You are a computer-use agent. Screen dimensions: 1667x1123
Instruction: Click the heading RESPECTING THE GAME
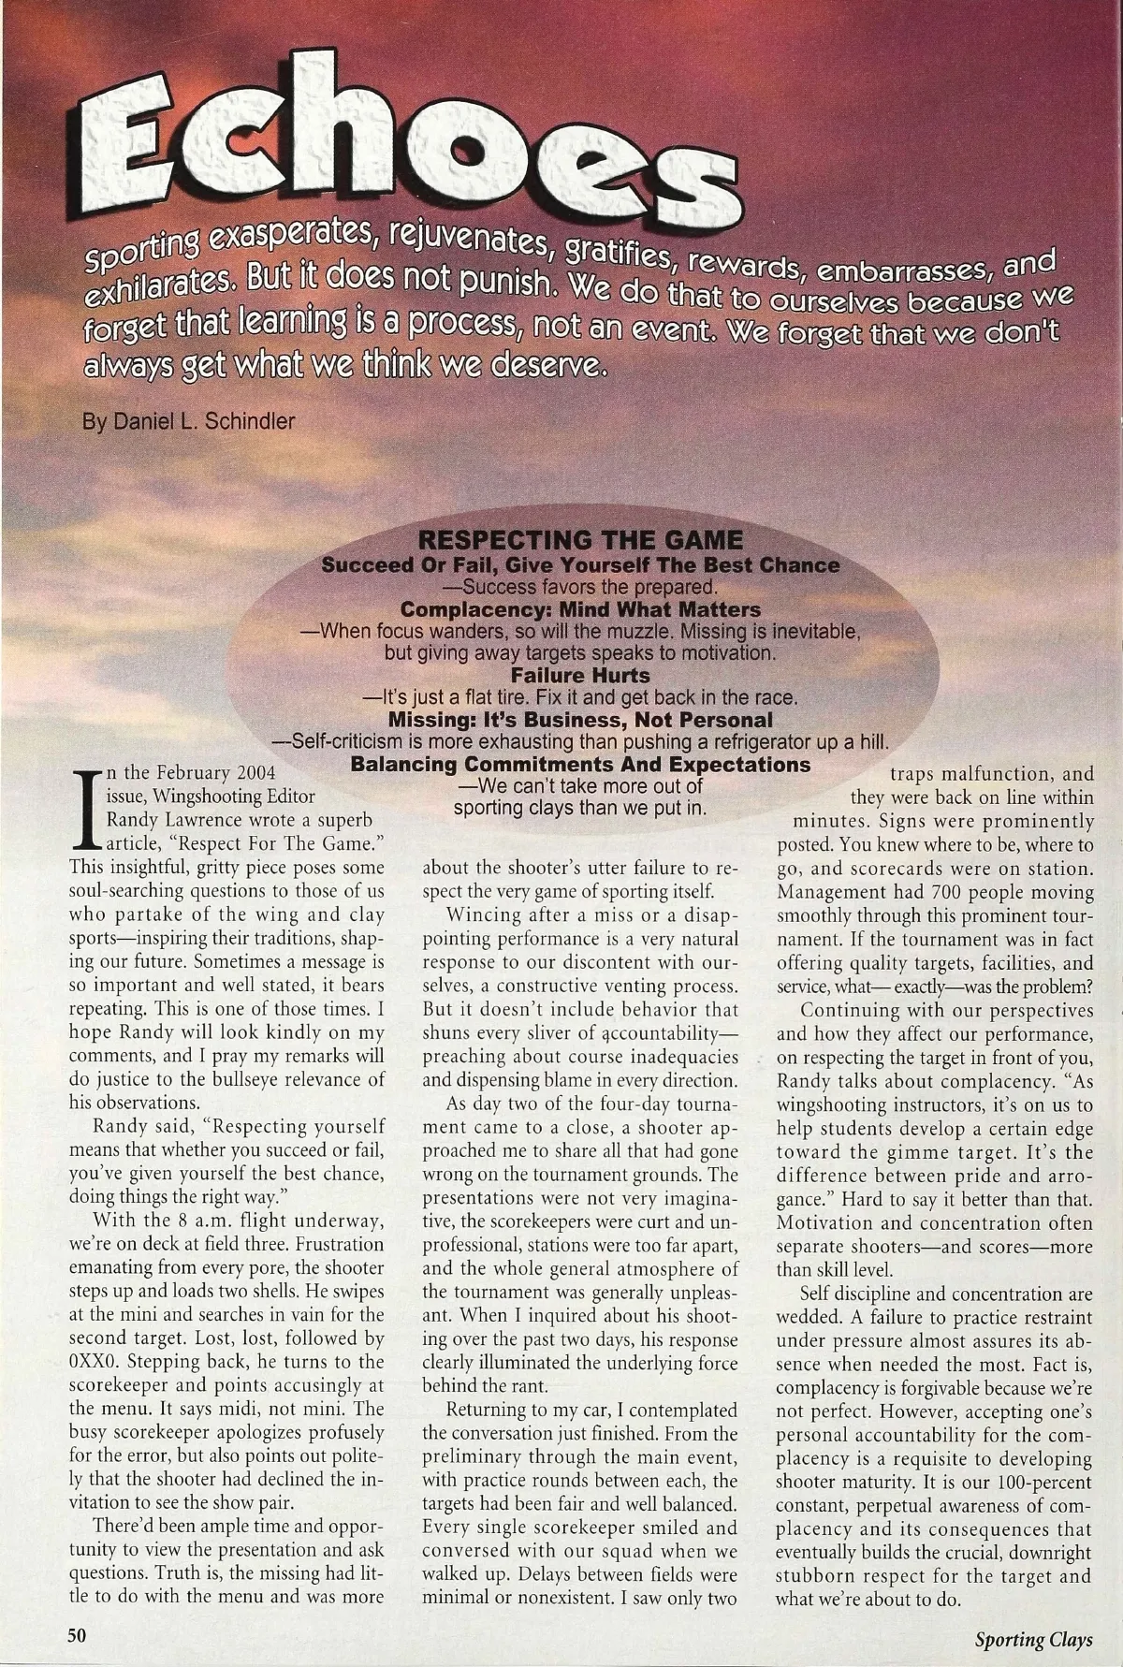click(x=580, y=540)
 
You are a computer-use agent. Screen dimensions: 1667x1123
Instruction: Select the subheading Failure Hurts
click(x=580, y=675)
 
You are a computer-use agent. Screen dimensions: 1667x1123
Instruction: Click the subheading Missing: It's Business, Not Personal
click(x=580, y=720)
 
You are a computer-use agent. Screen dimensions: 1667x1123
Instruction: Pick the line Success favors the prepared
click(x=580, y=588)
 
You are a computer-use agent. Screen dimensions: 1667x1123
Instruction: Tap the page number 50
click(x=76, y=1633)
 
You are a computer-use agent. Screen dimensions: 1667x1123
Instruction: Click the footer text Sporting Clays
click(x=1033, y=1638)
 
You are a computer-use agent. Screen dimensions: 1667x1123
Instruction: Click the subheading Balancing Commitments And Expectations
click(x=580, y=765)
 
